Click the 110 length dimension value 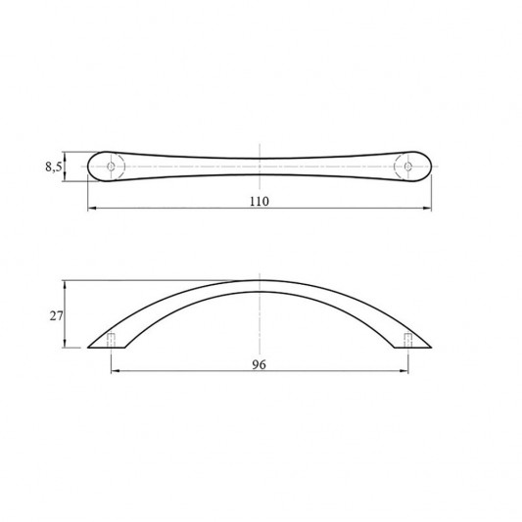259,202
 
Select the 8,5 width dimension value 53,166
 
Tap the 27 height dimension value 56,316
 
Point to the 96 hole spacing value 259,365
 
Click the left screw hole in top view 111,166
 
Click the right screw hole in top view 407,166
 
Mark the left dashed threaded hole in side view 112,340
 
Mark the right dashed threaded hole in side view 408,340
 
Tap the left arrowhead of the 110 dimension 92,209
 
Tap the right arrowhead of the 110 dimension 427,209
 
